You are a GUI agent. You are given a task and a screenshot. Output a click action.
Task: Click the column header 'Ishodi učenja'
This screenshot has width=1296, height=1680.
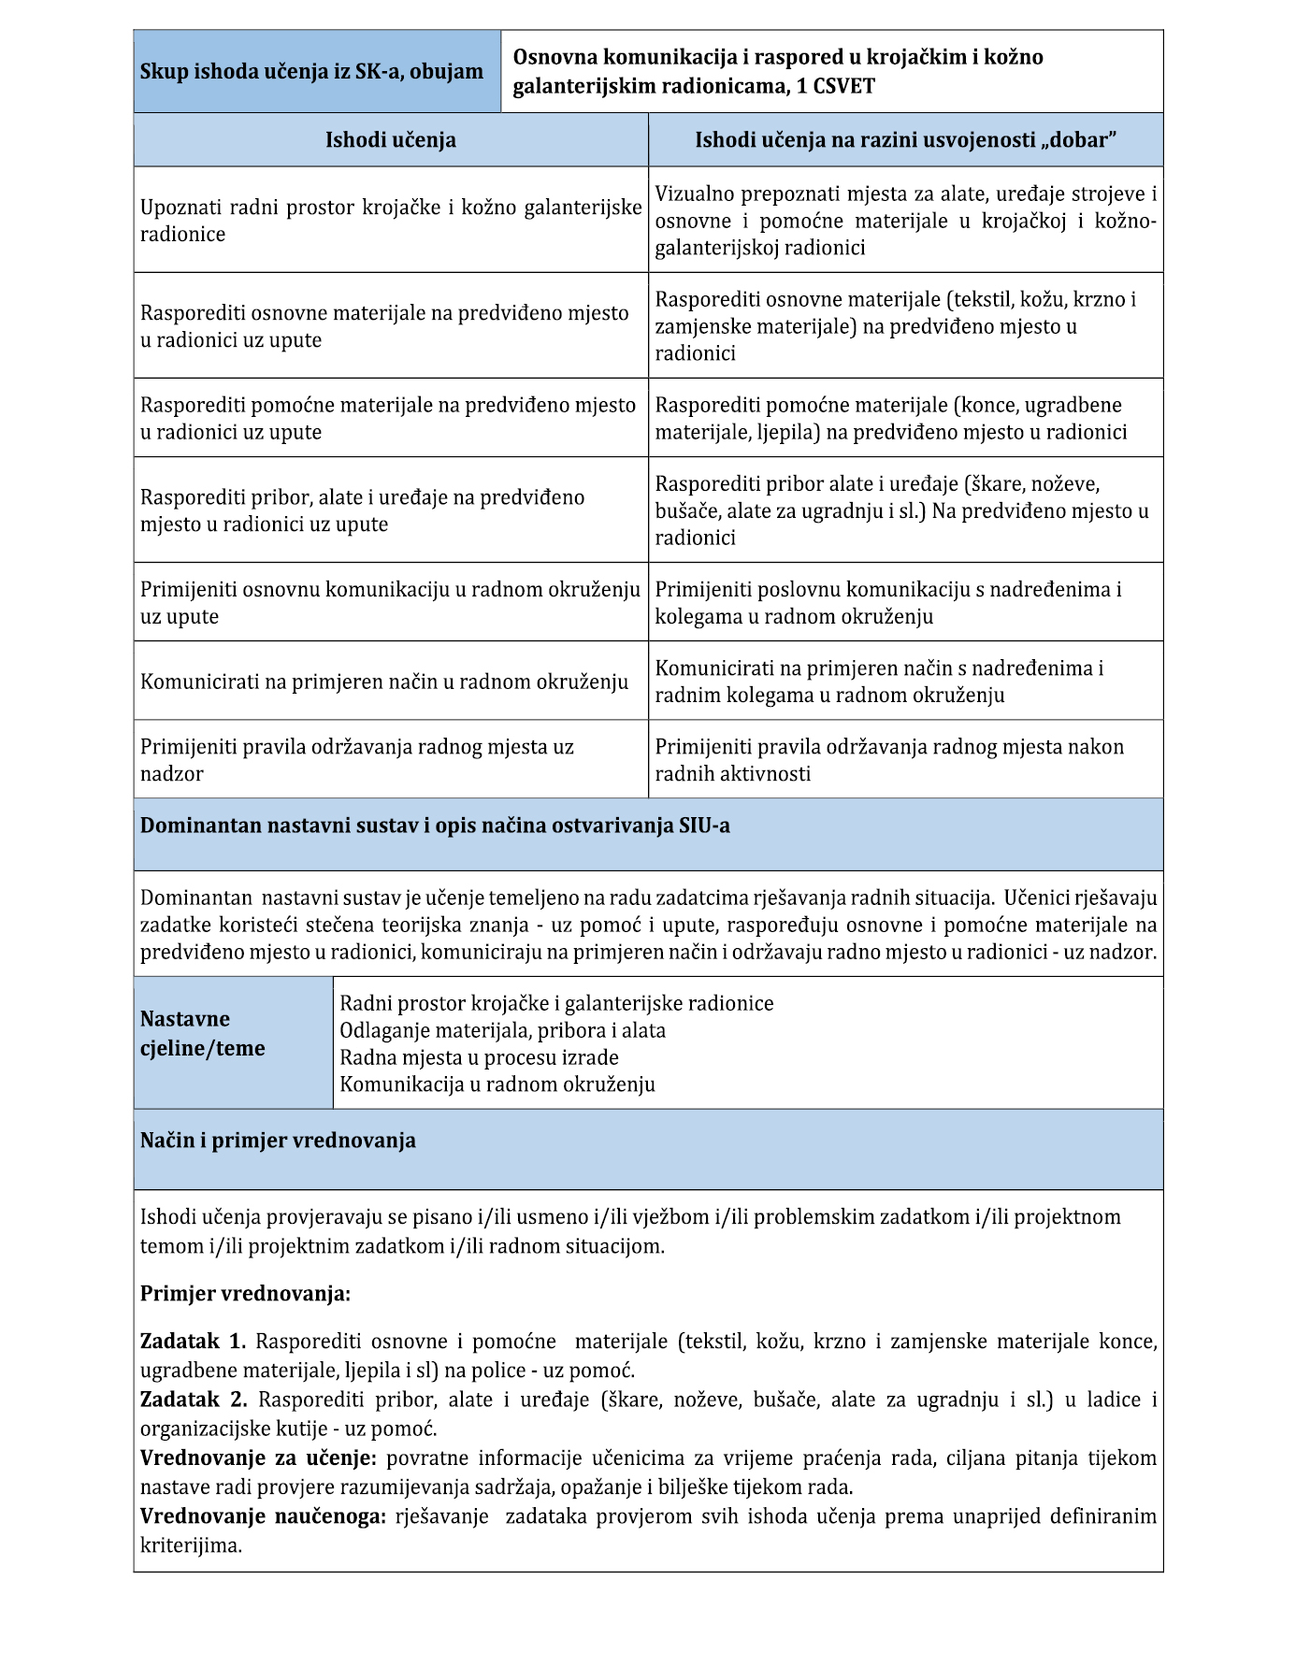390,140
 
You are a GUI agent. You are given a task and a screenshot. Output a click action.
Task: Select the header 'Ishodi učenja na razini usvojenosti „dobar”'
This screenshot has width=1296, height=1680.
906,140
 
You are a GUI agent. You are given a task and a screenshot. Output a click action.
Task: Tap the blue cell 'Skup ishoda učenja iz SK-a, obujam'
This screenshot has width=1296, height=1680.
311,72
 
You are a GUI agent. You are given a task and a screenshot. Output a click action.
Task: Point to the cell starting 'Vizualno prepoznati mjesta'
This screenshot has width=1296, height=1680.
905,221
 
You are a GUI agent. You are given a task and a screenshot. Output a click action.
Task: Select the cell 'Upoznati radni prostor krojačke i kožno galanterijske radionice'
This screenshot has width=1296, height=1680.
390,221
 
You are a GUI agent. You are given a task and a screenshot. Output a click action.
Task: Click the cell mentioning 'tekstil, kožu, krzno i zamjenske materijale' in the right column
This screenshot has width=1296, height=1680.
905,326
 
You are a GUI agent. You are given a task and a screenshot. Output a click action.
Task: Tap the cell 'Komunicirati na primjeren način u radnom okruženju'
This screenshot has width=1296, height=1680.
384,682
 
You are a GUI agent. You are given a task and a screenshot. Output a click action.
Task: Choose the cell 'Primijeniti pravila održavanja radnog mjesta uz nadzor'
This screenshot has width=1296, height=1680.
357,760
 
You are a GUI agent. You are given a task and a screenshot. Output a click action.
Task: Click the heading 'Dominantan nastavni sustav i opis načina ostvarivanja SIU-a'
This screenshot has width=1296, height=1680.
435,826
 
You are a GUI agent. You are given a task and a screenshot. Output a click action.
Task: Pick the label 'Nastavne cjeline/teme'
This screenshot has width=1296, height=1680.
203,1033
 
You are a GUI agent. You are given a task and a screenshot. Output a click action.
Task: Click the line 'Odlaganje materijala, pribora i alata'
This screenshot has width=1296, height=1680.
503,1030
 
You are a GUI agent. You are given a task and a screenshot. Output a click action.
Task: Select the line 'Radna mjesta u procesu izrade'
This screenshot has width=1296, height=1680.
479,1057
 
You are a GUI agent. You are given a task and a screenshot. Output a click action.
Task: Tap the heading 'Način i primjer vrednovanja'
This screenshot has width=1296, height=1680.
278,1141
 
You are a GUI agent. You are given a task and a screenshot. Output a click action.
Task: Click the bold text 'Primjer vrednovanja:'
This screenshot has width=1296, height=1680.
245,1294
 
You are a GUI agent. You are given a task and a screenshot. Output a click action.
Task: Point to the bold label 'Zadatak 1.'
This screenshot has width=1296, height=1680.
193,1342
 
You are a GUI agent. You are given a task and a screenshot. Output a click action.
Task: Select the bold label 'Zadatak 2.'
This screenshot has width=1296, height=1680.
194,1400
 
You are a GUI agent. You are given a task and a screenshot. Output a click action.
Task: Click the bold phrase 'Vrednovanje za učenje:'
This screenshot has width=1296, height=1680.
258,1458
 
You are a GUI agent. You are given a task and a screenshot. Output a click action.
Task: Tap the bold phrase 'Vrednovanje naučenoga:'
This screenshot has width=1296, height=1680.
263,1516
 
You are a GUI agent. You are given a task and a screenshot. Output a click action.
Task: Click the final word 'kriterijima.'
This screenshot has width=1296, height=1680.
191,1545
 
